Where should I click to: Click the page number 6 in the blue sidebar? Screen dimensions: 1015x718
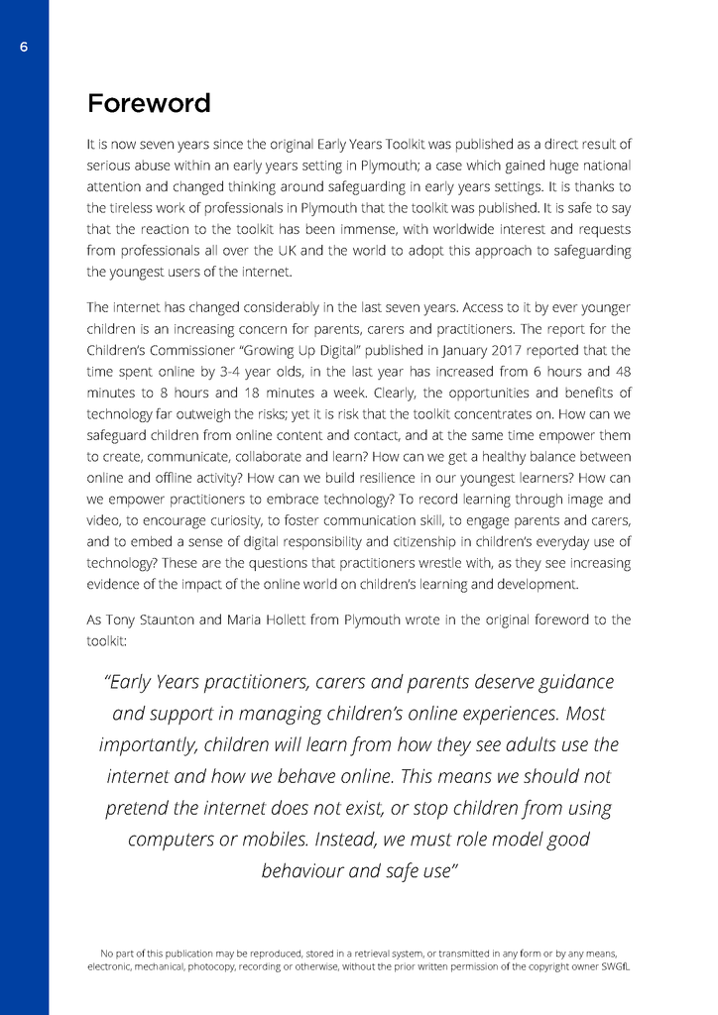pyautogui.click(x=24, y=48)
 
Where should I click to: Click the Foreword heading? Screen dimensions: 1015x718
pyautogui.click(x=149, y=104)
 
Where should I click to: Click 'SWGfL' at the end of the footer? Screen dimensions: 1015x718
pyautogui.click(x=613, y=965)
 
